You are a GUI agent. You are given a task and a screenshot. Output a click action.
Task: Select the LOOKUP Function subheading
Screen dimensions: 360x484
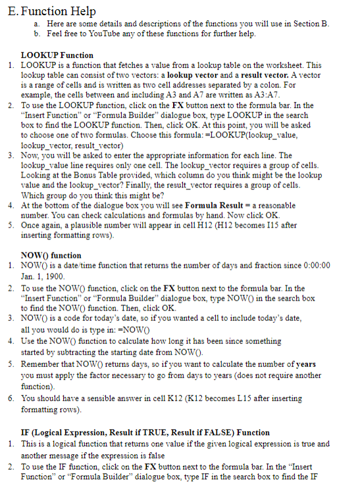click(57, 55)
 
